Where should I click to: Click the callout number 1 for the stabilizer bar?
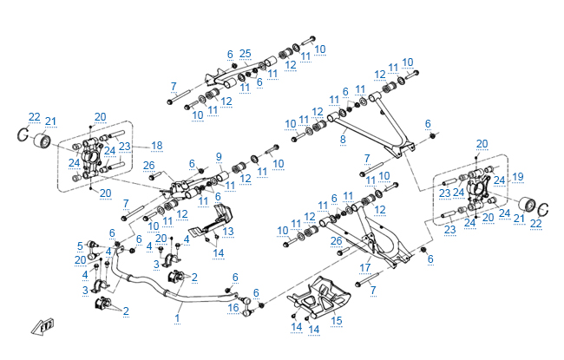coord(178,318)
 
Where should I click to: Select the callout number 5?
coord(80,245)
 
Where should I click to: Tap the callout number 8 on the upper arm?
coord(343,138)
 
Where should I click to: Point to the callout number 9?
coord(219,157)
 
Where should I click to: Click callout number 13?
coord(228,232)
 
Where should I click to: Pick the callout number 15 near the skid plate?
coord(337,320)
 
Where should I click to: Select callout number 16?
coord(233,307)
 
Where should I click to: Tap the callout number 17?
coord(366,266)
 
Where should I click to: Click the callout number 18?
coord(157,145)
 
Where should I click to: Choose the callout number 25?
coord(246,54)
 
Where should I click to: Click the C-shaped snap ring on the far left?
coord(20,135)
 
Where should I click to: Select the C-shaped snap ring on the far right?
coord(544,211)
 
